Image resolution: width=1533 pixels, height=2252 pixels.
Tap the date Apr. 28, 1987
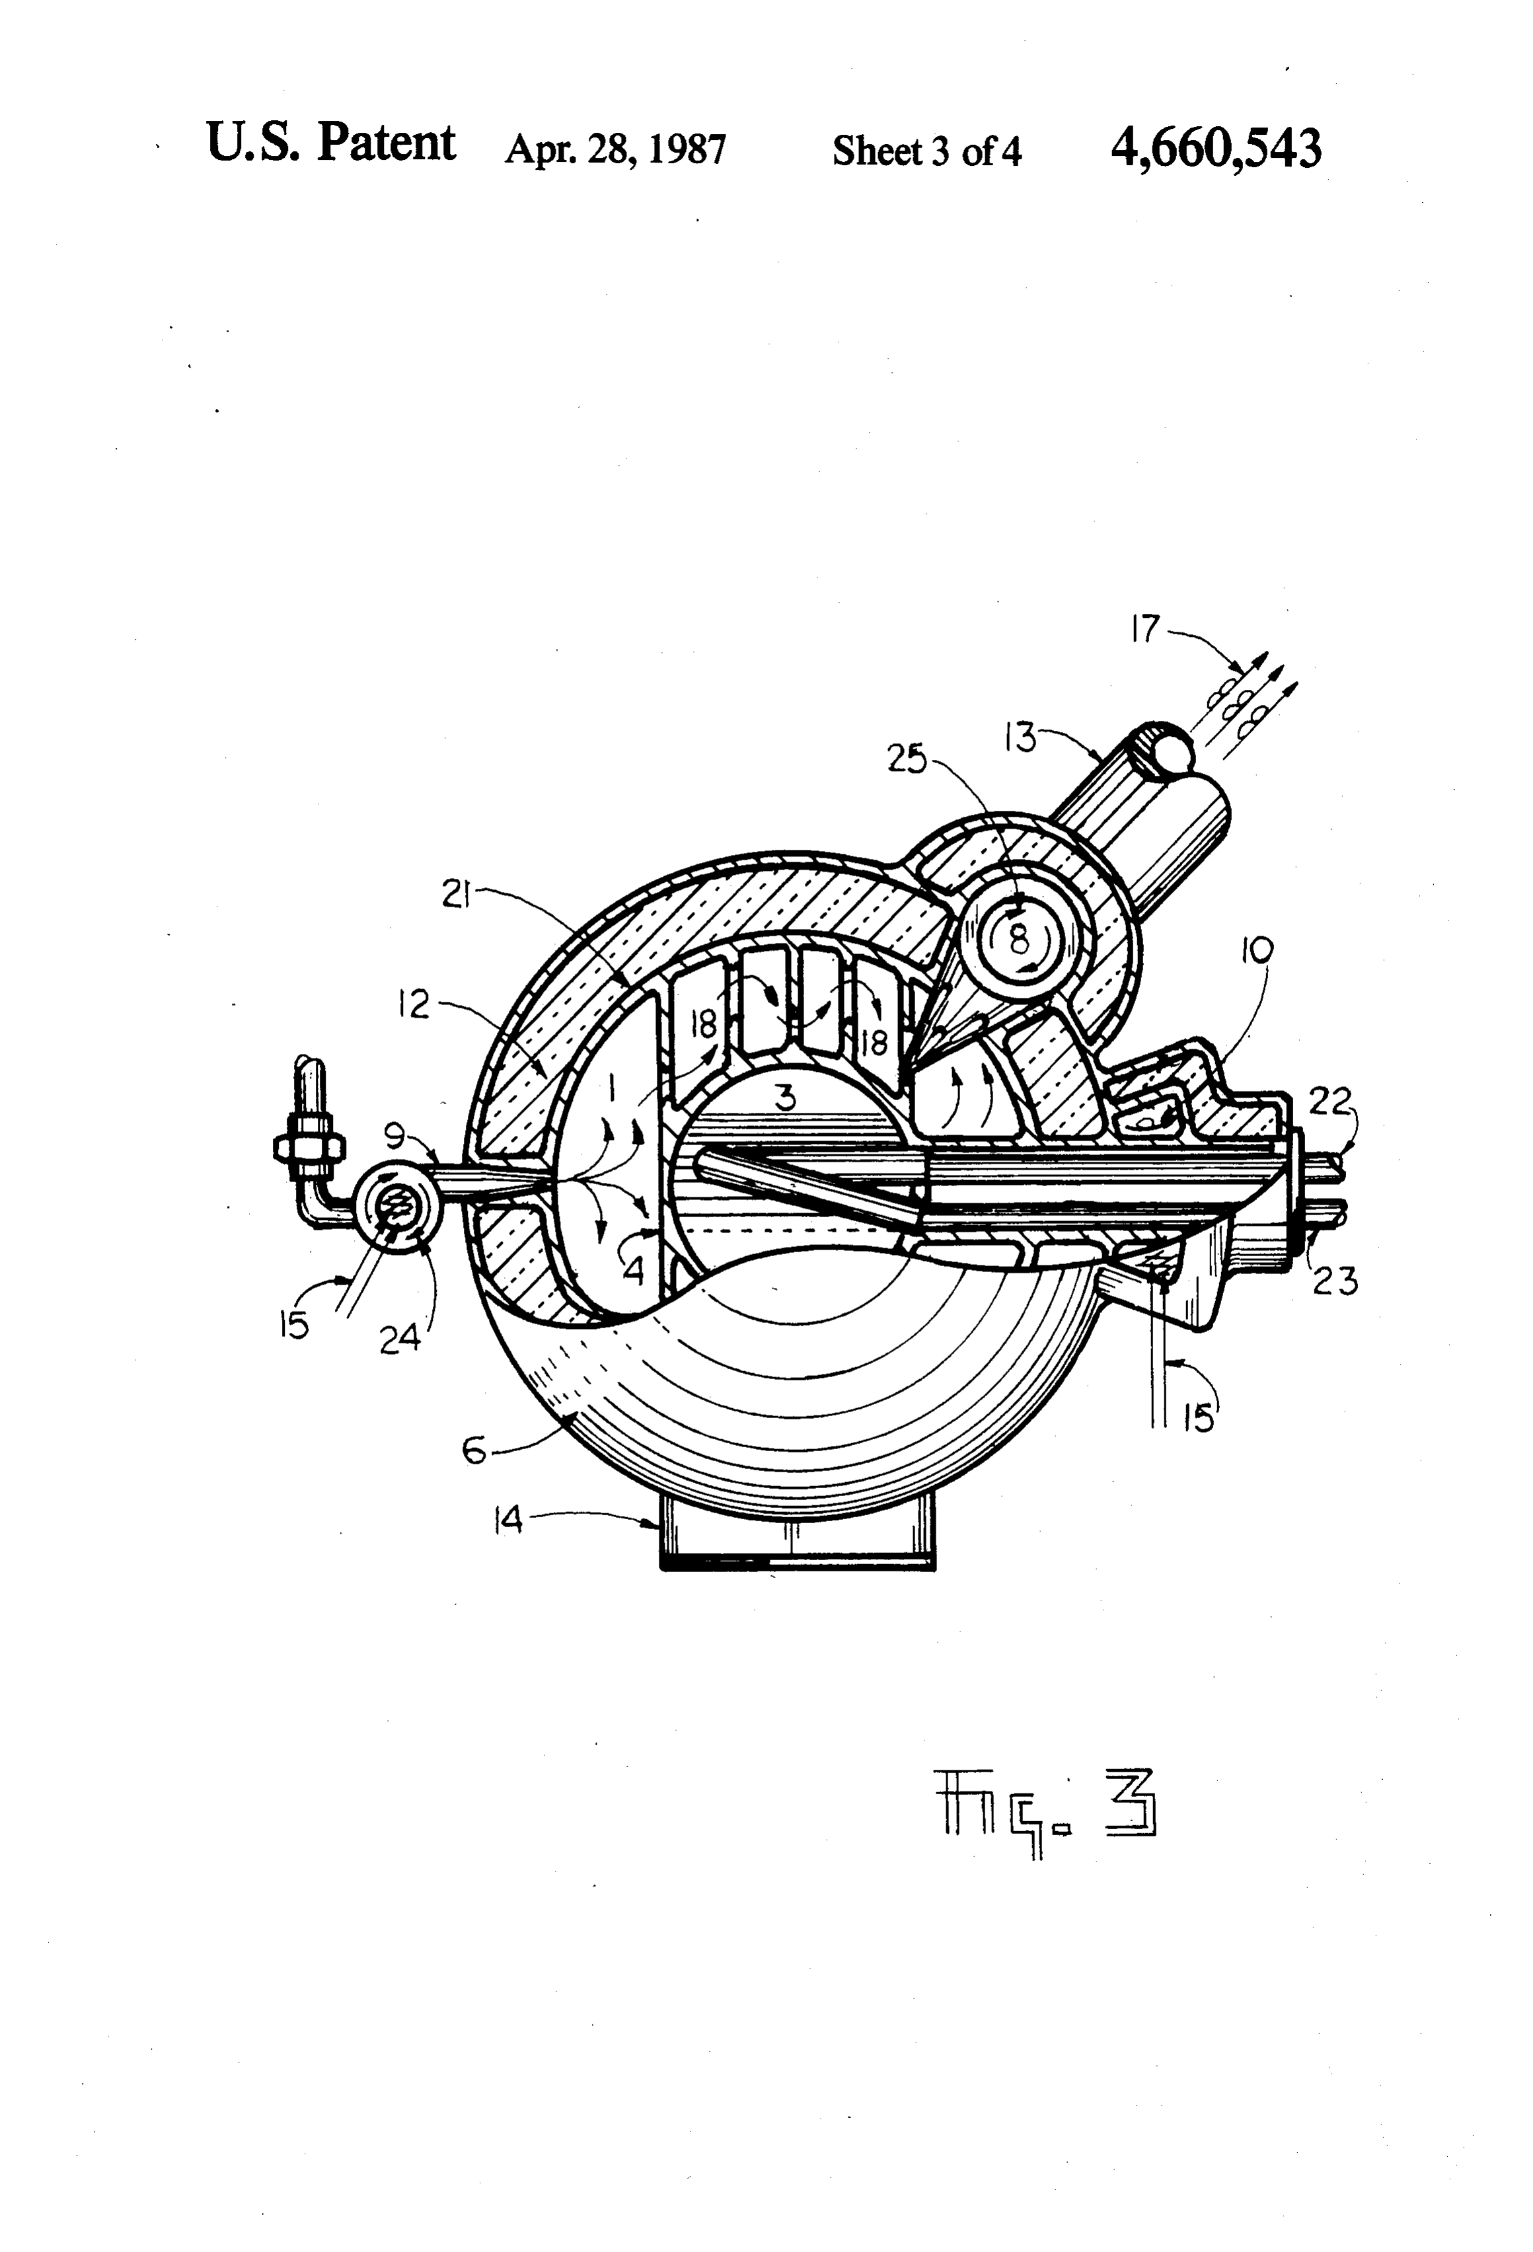click(x=615, y=150)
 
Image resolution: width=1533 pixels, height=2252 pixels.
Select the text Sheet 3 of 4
click(x=926, y=151)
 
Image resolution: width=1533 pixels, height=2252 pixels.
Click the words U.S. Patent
click(x=330, y=143)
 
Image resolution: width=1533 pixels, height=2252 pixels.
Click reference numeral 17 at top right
click(x=1145, y=630)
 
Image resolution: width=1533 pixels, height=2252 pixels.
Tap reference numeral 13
click(x=1020, y=737)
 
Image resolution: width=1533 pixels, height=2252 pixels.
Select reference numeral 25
click(x=908, y=761)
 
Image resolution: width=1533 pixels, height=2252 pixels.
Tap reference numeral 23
click(x=1334, y=1282)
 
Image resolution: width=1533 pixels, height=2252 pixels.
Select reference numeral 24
click(x=400, y=1338)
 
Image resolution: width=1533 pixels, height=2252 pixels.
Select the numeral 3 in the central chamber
click(x=787, y=1098)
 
